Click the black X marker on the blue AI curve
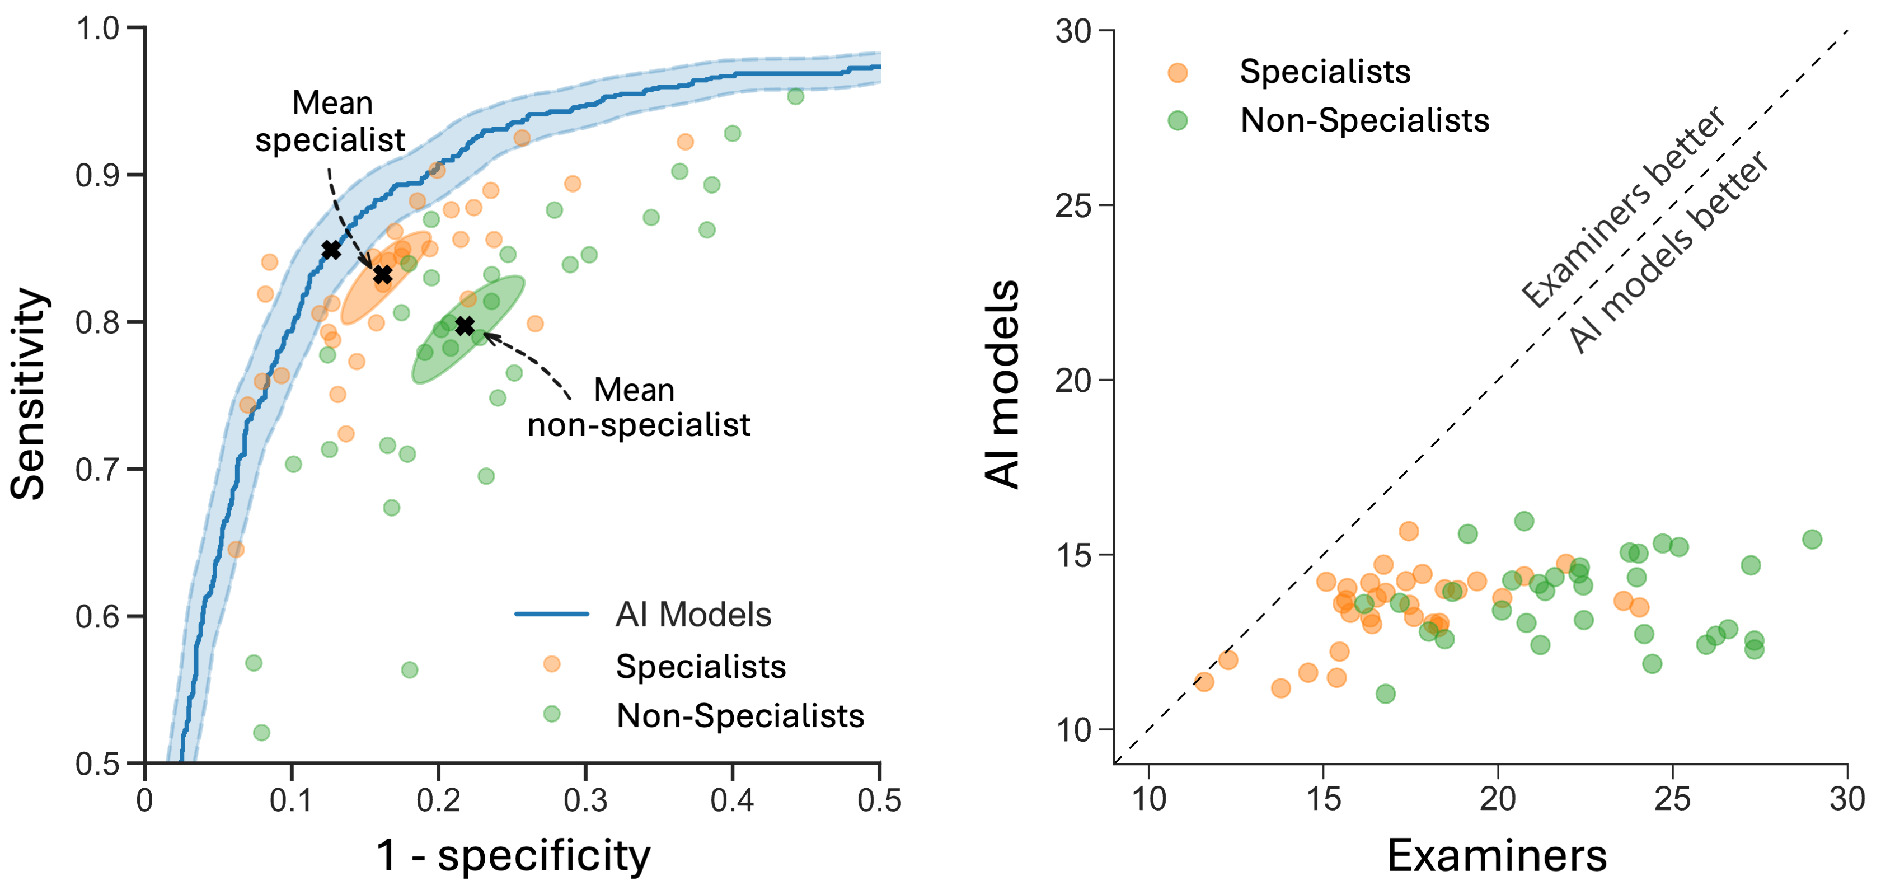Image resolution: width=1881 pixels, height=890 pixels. (x=331, y=250)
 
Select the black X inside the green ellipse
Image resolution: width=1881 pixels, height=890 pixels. (x=465, y=326)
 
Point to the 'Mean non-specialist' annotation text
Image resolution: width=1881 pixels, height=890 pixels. (x=637, y=407)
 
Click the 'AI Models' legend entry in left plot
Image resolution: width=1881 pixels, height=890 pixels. (x=692, y=615)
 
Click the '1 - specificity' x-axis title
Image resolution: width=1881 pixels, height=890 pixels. (x=513, y=855)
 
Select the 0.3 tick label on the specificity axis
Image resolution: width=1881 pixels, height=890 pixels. (x=585, y=801)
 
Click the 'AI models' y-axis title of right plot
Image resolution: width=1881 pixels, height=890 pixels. (x=1002, y=384)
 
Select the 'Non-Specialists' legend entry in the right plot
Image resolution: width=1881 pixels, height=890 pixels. (x=1364, y=120)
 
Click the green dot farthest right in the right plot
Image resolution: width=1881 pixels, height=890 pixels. (x=1812, y=540)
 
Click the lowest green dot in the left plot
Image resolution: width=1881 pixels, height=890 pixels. (x=261, y=732)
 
